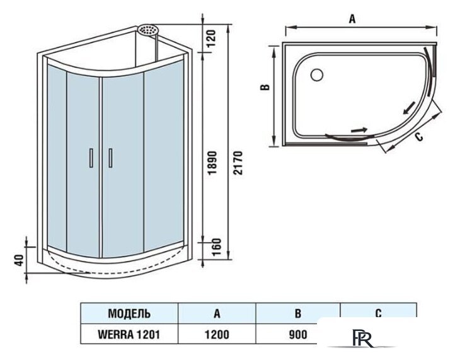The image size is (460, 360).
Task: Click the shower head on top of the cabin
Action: point(148,30)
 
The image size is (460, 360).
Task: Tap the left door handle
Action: point(91,158)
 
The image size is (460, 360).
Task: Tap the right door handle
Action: point(111,158)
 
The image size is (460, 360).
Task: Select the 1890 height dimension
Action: point(212,163)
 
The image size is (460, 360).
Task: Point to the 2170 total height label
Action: point(238,163)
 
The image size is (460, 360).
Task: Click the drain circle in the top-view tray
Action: point(317,74)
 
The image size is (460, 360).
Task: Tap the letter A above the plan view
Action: point(352,19)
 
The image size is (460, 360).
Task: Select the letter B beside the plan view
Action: point(265,87)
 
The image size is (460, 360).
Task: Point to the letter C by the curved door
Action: point(419,137)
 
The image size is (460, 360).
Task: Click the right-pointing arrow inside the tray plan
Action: point(359,130)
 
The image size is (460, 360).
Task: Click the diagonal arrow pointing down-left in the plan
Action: point(409,108)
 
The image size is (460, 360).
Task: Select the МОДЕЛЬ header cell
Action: point(129,313)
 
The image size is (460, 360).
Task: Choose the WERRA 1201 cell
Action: point(129,334)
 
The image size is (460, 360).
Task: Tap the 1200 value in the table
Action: point(217,334)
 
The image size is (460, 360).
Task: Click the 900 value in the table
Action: point(298,334)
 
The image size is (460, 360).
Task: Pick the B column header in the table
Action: point(298,313)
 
